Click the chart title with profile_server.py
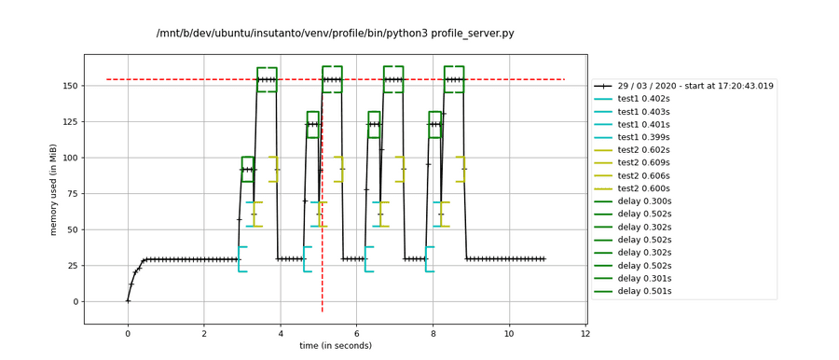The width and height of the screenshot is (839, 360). tap(335, 34)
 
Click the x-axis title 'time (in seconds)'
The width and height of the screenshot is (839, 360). tap(335, 347)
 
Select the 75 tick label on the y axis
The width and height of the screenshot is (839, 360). tap(71, 158)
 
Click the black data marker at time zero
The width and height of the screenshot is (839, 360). tap(128, 300)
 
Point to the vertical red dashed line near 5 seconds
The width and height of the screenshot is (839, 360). tap(323, 233)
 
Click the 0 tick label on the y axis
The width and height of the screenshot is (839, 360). tap(74, 301)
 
